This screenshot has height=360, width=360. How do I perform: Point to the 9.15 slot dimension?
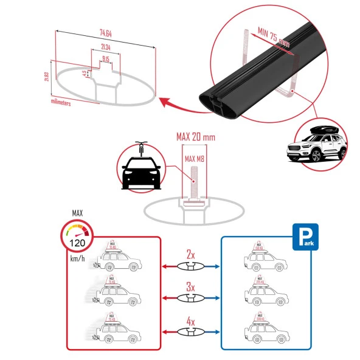(106, 59)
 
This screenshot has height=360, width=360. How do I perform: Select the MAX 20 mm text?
(195, 138)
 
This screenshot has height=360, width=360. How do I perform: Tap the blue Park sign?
(306, 236)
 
